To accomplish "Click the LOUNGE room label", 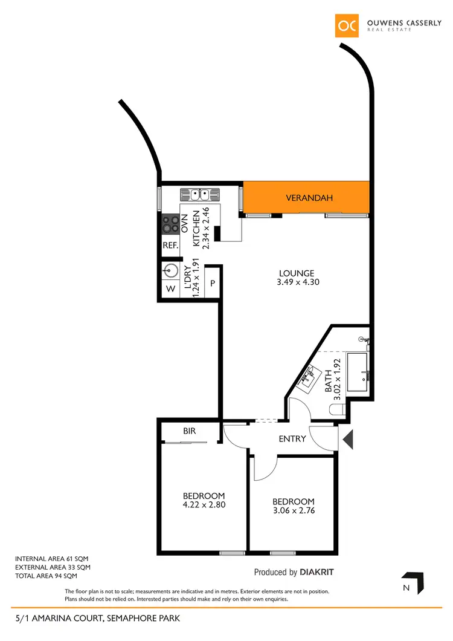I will point(297,273).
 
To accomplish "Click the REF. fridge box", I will point(170,246).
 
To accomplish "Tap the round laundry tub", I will point(171,272).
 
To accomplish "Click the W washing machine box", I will point(170,289).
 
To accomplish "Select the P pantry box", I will point(213,283).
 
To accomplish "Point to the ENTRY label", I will point(292,438).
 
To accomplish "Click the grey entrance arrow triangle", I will point(348,438).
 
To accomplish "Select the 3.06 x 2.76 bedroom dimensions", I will point(293,510).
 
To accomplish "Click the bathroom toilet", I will point(336,411).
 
